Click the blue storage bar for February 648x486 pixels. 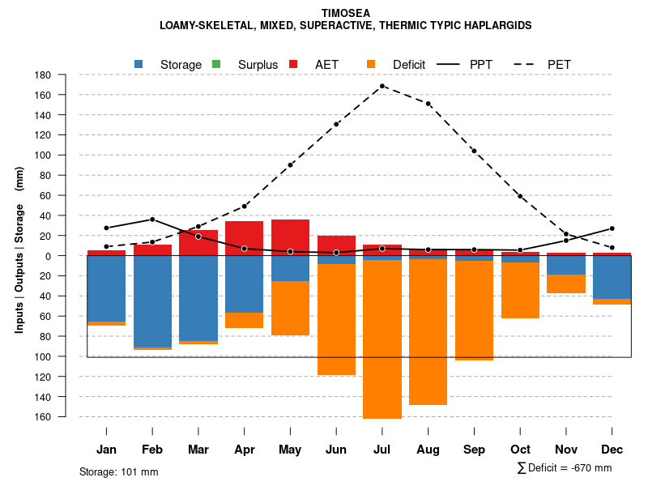click(152, 301)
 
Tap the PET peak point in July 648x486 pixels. click(382, 86)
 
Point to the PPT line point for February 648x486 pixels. click(152, 220)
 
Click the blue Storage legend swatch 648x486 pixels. click(139, 64)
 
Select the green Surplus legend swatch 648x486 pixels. click(216, 64)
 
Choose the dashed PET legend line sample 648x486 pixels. click(522, 64)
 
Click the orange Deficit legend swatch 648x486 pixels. click(371, 64)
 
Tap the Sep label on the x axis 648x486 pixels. click(474, 450)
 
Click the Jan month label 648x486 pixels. click(106, 450)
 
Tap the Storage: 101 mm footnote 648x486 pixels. click(118, 471)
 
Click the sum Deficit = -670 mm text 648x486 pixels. click(565, 468)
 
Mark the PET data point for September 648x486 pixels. click(474, 151)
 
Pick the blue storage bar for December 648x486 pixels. click(612, 277)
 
